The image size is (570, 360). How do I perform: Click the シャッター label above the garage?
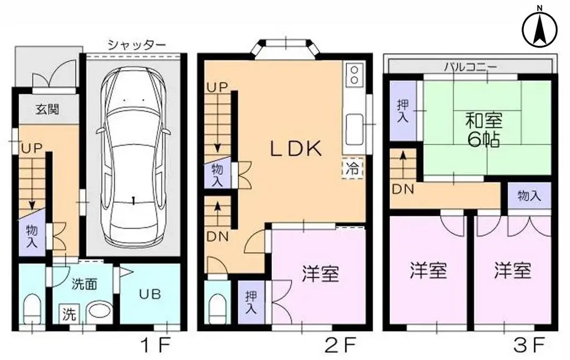click(x=137, y=45)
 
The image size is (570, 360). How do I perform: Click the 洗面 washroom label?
click(x=85, y=283)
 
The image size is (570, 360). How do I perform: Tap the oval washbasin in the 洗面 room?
click(x=100, y=310)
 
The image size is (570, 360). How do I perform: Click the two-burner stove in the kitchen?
click(x=353, y=75)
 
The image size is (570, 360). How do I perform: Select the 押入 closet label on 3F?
click(x=402, y=110)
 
